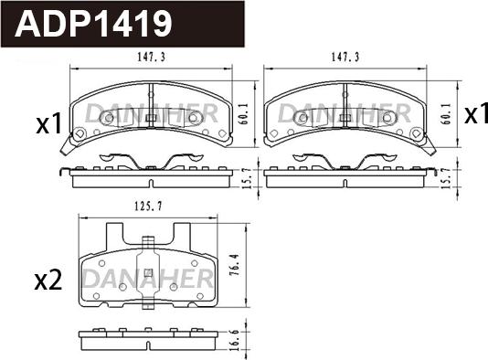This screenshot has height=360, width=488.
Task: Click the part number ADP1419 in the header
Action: [x=92, y=24]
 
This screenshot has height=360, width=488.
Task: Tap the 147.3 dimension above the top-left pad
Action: [x=152, y=57]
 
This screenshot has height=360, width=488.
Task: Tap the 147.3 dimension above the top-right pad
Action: [x=345, y=57]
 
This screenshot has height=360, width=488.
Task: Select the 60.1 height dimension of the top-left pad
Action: [x=245, y=114]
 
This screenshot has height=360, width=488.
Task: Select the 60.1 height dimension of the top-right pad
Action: [x=445, y=114]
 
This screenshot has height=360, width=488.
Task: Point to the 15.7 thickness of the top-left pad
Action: [x=246, y=178]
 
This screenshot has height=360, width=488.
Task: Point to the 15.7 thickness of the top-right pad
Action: [x=446, y=178]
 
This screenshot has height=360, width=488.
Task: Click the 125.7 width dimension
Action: [x=148, y=206]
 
